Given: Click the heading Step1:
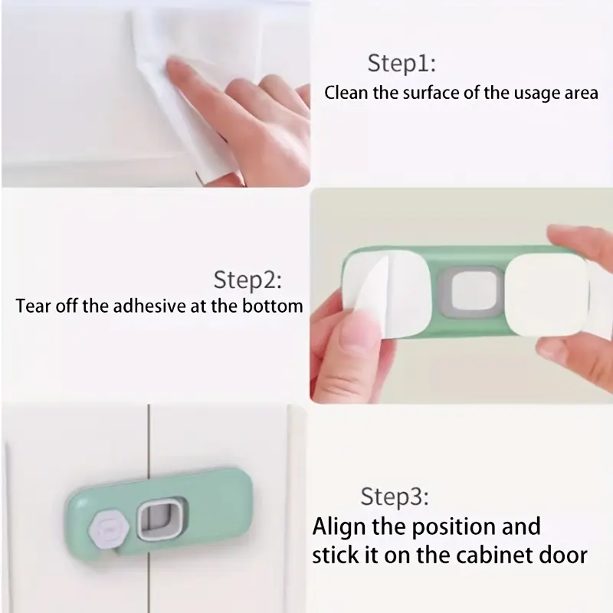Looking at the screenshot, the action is point(402,64).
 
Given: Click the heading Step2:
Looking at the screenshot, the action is point(247,280).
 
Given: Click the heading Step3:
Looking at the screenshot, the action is point(395,497).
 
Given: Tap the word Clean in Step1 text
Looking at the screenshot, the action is point(346,93).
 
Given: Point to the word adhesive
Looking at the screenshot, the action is point(149,306).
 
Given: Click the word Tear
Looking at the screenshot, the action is point(33,306).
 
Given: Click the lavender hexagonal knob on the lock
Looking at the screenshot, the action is point(109,529).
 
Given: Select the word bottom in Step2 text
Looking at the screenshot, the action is point(273,306).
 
